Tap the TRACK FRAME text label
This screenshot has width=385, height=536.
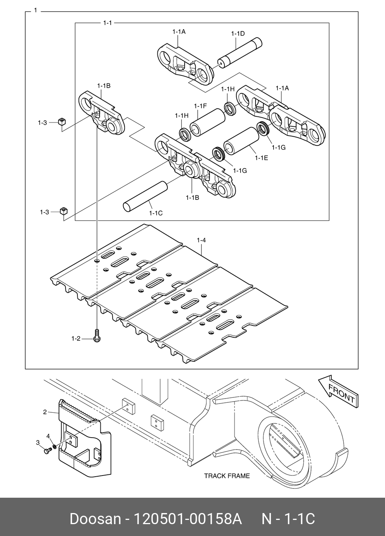226,476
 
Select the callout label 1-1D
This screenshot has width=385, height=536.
238,34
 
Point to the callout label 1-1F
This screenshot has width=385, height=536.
200,106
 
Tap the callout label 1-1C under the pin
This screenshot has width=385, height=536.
156,213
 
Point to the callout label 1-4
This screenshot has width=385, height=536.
202,240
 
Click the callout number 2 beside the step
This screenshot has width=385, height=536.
45,412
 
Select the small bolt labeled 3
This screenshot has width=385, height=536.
48,451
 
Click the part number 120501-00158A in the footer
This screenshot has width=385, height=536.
187,519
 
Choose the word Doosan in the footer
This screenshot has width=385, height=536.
95,519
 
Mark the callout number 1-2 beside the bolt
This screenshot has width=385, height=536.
76,338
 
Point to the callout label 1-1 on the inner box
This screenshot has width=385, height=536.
108,23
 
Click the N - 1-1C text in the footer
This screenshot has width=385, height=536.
288,519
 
